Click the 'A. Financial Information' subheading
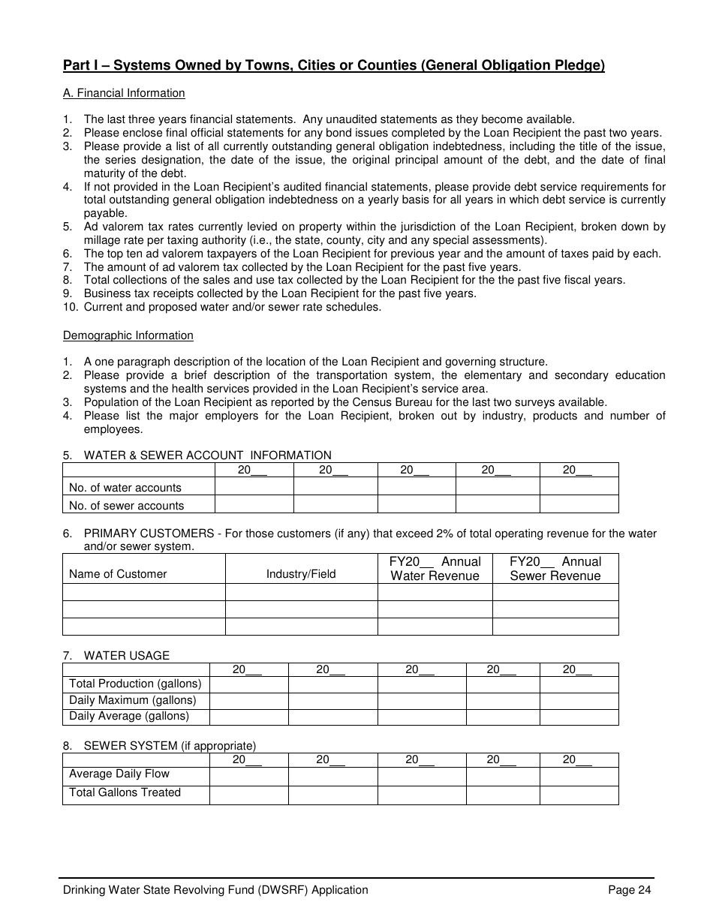124,93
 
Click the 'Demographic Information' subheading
128,335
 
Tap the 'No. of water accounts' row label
125,488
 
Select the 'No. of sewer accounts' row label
126,506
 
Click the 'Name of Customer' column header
118,574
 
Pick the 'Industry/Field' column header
301,574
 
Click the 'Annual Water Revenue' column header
435,569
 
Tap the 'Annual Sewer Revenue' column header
555,569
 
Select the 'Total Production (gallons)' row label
135,684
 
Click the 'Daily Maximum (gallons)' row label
132,700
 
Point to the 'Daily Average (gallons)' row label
129,716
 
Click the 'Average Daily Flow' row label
119,774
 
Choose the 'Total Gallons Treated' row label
125,792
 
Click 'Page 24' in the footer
629,890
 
